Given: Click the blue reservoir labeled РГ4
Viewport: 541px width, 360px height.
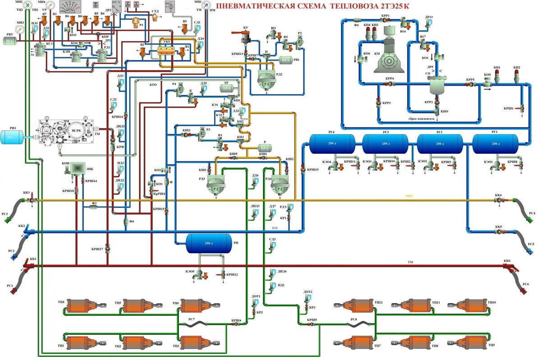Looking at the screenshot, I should point(331,143).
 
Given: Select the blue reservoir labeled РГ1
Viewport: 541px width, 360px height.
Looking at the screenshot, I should point(495,143).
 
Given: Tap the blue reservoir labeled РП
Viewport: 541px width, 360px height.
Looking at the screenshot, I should point(208,243).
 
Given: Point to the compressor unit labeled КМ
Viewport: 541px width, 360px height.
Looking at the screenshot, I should point(389,55).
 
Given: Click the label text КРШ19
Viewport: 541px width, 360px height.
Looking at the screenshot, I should point(312,170).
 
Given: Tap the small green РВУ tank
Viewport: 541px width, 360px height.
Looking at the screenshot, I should point(10,41).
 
